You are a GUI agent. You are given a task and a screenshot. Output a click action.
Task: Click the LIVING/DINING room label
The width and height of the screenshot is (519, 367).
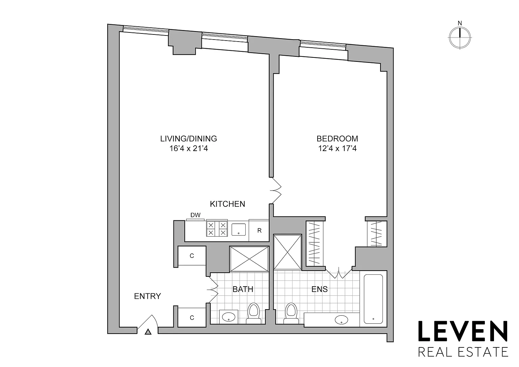[189, 139]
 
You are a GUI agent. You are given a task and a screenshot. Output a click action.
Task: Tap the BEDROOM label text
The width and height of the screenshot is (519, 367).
[337, 139]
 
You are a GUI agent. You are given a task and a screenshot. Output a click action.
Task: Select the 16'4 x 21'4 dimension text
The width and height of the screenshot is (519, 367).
[189, 148]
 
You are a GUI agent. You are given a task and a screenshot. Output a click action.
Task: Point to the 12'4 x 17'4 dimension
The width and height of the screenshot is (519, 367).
[337, 148]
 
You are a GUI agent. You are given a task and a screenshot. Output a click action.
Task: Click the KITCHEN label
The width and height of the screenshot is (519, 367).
[227, 204]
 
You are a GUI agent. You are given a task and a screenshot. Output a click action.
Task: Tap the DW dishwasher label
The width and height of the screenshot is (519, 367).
[195, 215]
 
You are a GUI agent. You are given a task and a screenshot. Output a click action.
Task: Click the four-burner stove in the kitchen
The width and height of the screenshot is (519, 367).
[217, 229]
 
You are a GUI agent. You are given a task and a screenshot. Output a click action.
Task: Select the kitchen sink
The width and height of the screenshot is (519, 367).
[239, 229]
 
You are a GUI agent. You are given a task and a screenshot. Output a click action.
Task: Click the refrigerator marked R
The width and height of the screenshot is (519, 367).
[259, 230]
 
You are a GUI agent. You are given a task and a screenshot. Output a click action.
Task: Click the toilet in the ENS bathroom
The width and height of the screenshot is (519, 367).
[291, 314]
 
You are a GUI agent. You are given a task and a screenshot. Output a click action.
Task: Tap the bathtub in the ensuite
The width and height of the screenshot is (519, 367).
[373, 299]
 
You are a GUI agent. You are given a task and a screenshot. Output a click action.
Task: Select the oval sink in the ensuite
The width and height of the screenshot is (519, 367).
[341, 320]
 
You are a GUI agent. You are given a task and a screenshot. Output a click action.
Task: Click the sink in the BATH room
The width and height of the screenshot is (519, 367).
[229, 317]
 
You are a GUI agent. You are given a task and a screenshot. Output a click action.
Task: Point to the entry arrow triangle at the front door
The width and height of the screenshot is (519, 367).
[148, 332]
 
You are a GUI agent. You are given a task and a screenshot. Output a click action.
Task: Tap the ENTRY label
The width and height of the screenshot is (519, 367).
[148, 296]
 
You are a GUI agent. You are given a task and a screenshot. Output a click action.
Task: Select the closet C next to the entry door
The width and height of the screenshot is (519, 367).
[192, 318]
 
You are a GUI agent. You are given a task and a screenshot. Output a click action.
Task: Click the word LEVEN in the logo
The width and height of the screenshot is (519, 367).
[463, 331]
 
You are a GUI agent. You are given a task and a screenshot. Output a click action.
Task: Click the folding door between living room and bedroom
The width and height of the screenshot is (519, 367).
[275, 191]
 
